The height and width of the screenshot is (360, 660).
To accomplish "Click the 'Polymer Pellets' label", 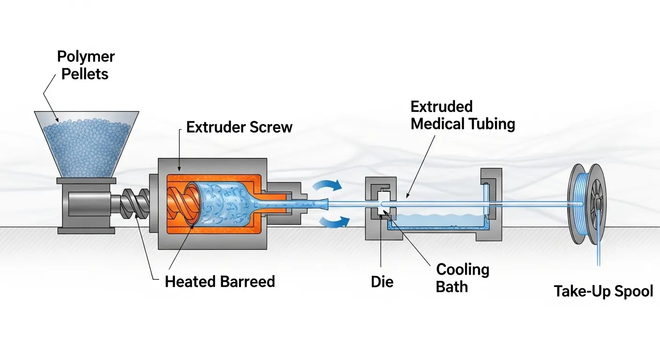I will (85, 66).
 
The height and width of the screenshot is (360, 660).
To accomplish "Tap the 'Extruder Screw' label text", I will (239, 127).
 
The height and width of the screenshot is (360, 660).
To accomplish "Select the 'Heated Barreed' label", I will (220, 281).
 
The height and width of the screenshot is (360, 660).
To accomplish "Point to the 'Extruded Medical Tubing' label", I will (463, 115).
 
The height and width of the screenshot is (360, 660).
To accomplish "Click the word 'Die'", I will (382, 282).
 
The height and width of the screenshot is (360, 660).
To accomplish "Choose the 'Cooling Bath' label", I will (462, 278).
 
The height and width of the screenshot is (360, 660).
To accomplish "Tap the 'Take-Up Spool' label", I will (603, 291).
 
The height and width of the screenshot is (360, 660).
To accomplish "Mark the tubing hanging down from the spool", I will (598, 244).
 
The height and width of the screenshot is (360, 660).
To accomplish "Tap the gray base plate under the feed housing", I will (86, 230).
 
